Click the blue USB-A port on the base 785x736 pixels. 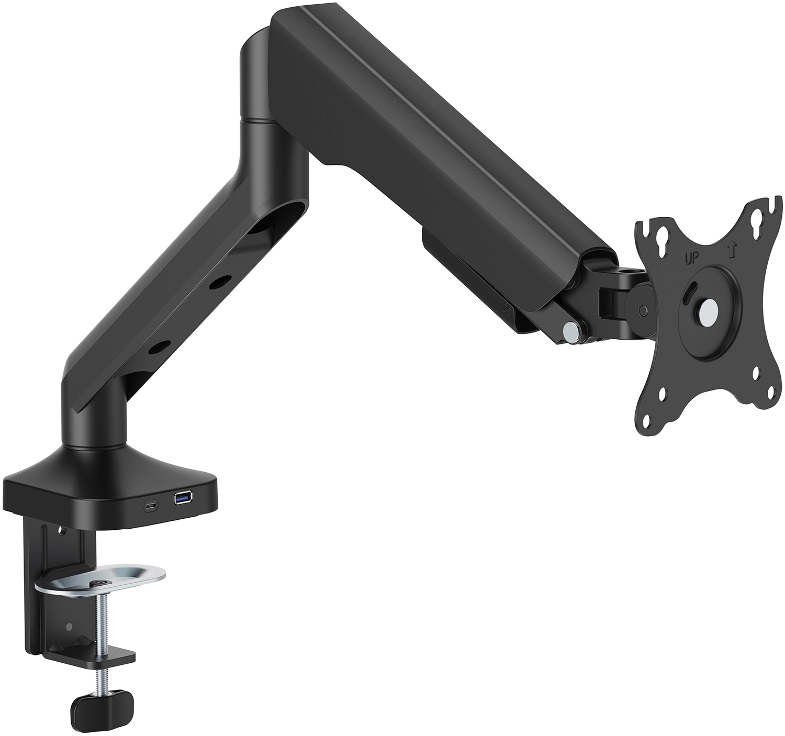pyautogui.click(x=183, y=497)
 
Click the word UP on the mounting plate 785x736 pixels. pyautogui.click(x=692, y=260)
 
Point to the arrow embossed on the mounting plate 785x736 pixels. pyautogui.click(x=731, y=249)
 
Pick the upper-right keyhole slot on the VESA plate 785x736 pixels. pyautogui.click(x=757, y=220)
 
